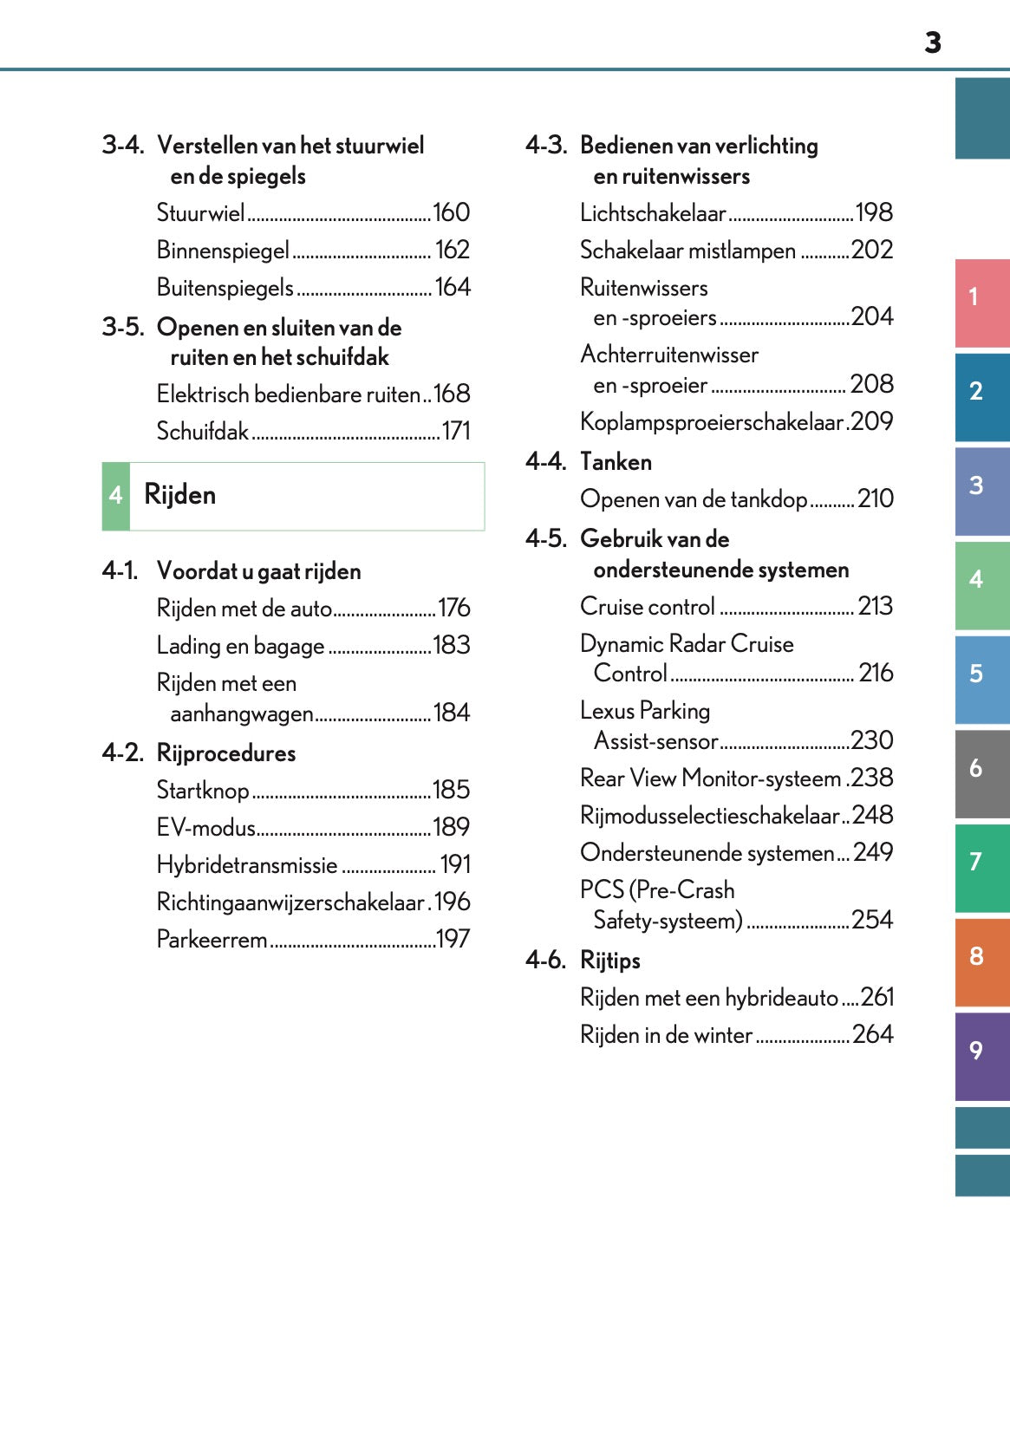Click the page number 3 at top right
click(932, 42)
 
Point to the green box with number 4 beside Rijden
click(116, 496)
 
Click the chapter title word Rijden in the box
click(179, 495)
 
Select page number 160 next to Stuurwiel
click(451, 213)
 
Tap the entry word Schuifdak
click(202, 431)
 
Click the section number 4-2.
click(122, 752)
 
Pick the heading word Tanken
click(616, 462)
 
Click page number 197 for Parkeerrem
click(453, 939)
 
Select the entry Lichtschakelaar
click(652, 213)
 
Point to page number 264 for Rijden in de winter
click(872, 1034)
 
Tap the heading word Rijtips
click(610, 961)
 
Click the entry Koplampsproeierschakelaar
click(711, 422)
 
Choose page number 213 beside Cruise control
click(875, 606)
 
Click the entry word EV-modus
click(205, 828)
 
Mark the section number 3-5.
click(122, 327)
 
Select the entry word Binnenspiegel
click(222, 251)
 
